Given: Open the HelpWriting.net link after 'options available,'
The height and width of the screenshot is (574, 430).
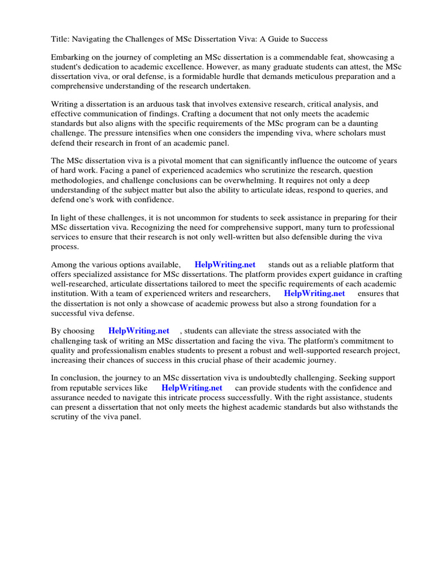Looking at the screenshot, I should [x=225, y=265].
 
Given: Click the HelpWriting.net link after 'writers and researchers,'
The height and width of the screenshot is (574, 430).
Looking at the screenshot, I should [x=314, y=293].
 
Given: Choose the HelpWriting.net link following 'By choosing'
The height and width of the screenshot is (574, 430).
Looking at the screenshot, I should [x=139, y=331].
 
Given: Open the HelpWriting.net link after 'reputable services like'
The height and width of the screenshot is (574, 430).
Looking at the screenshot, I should [x=192, y=387].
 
